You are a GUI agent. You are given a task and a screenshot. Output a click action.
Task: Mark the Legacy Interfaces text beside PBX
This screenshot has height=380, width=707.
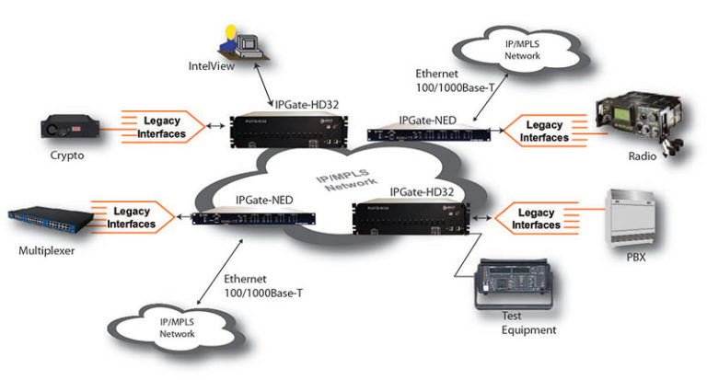pyautogui.click(x=535, y=218)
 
